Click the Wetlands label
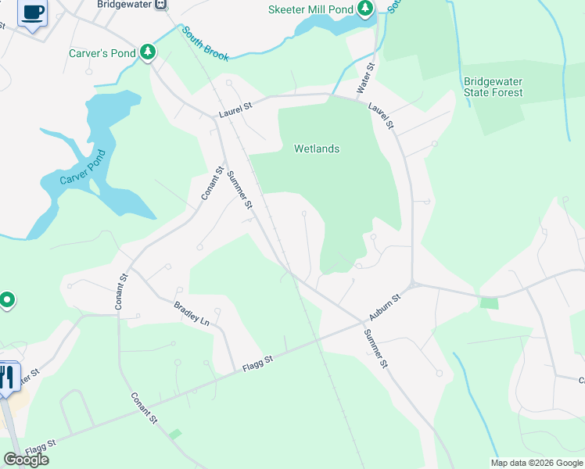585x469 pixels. click(316, 149)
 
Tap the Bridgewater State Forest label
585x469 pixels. click(493, 87)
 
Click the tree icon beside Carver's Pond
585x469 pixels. click(147, 52)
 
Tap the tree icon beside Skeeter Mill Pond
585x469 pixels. click(365, 9)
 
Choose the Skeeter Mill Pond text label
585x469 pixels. click(310, 9)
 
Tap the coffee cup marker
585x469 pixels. click(33, 13)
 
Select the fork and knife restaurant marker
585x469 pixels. click(8, 378)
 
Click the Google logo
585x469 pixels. click(26, 460)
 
